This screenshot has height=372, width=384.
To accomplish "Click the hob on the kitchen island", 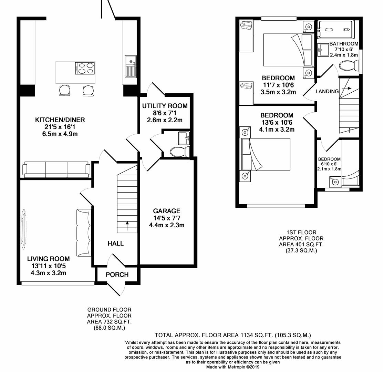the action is (85, 68).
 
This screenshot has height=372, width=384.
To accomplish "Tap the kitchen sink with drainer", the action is (131, 66).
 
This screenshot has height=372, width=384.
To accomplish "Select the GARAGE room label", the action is (167, 211).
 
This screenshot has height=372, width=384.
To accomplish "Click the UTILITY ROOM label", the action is (165, 106).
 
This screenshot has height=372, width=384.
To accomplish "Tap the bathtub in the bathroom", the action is (335, 29).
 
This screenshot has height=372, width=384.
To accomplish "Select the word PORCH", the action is (117, 275).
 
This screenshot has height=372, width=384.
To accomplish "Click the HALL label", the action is (116, 244).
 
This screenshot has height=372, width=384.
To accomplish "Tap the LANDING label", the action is (327, 91).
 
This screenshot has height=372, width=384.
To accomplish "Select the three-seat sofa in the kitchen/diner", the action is (56, 169).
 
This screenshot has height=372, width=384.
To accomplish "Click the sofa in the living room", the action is (84, 233).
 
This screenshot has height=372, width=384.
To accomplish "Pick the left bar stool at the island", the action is (64, 90).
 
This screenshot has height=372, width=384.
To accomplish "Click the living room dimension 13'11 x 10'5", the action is (49, 266).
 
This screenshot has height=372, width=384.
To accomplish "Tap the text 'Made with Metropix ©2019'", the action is (233, 367).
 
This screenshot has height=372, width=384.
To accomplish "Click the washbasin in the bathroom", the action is (323, 50).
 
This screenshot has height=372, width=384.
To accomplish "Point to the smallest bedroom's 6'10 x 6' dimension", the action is (329, 164).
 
